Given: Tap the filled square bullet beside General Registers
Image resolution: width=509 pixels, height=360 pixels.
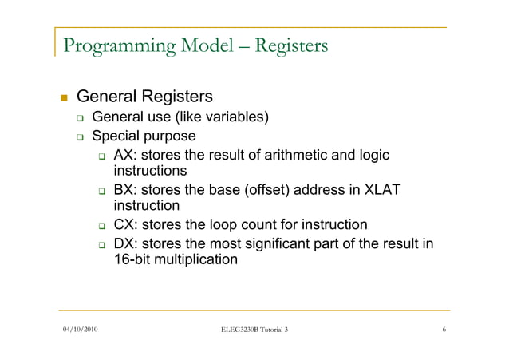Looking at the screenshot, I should point(64,98).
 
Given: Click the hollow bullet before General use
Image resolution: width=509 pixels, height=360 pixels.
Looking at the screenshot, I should point(80,118).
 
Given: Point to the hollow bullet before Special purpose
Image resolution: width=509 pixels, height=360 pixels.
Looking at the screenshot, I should point(80,137).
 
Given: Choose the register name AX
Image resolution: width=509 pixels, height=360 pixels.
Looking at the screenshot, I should point(126,156).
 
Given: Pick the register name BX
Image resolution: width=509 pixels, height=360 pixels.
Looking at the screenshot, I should point(126,191).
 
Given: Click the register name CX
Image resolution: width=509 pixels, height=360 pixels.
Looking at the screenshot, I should point(126,225).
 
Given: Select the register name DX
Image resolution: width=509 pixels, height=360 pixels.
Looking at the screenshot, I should point(126,243).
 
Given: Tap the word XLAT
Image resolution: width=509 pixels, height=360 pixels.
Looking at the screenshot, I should point(380,191).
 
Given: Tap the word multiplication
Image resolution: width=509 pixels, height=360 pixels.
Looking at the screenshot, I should point(197,260).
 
